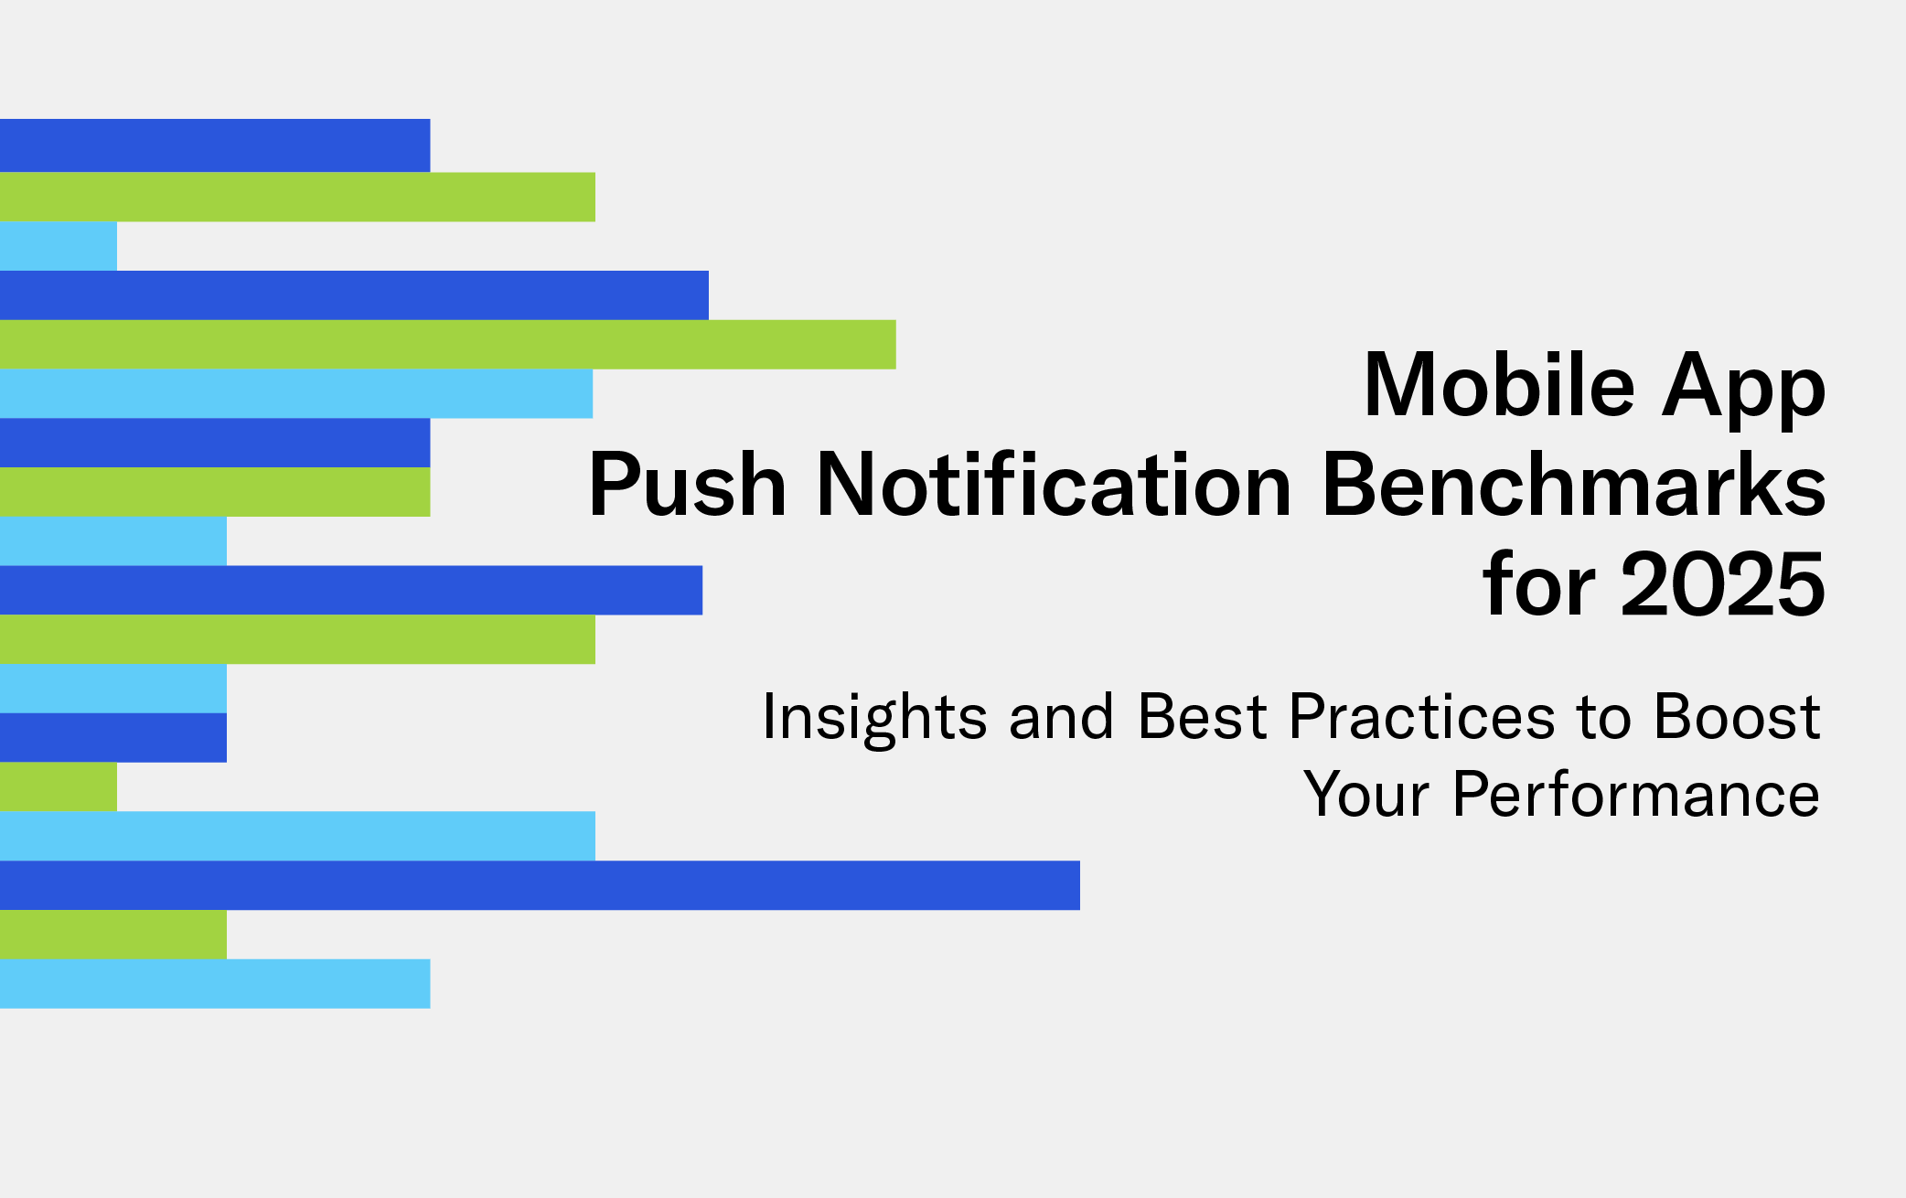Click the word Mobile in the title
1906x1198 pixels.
[1499, 385]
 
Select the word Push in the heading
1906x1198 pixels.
[687, 484]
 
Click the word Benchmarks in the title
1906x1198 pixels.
[1574, 484]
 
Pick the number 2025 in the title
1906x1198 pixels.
[1723, 583]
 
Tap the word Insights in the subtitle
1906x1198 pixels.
[874, 719]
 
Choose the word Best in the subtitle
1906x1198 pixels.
[1202, 716]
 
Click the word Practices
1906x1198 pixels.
[1421, 716]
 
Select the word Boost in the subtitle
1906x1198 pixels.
[1738, 716]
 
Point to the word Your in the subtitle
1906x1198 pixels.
[1366, 794]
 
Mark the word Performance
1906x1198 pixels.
[1636, 794]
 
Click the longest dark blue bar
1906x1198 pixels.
[540, 885]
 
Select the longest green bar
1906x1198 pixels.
[448, 344]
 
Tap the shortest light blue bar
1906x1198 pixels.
[59, 246]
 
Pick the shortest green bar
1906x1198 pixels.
[59, 786]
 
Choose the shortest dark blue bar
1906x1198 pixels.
[113, 737]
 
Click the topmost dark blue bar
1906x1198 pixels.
[215, 145]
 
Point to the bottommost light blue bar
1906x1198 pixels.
[215, 984]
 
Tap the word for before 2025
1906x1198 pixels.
[1539, 583]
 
